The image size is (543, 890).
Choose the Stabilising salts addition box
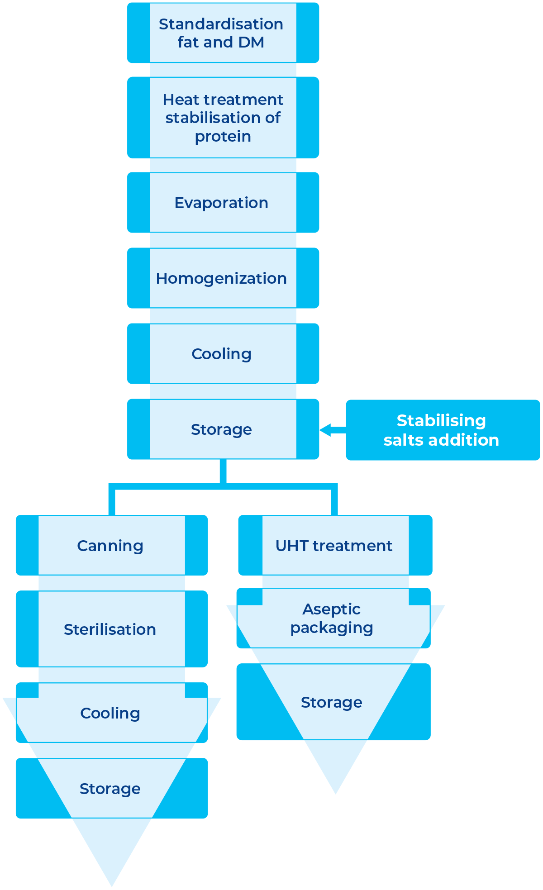442,430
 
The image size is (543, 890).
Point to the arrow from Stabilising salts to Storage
332,430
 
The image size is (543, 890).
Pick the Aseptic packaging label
332,619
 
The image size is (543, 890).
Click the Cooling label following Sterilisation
110,713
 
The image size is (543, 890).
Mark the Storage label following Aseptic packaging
332,702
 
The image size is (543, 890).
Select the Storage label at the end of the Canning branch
110,789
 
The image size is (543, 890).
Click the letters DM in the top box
251,42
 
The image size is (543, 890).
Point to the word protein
223,136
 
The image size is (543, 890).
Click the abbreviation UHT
292,546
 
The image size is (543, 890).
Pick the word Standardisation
221,24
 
